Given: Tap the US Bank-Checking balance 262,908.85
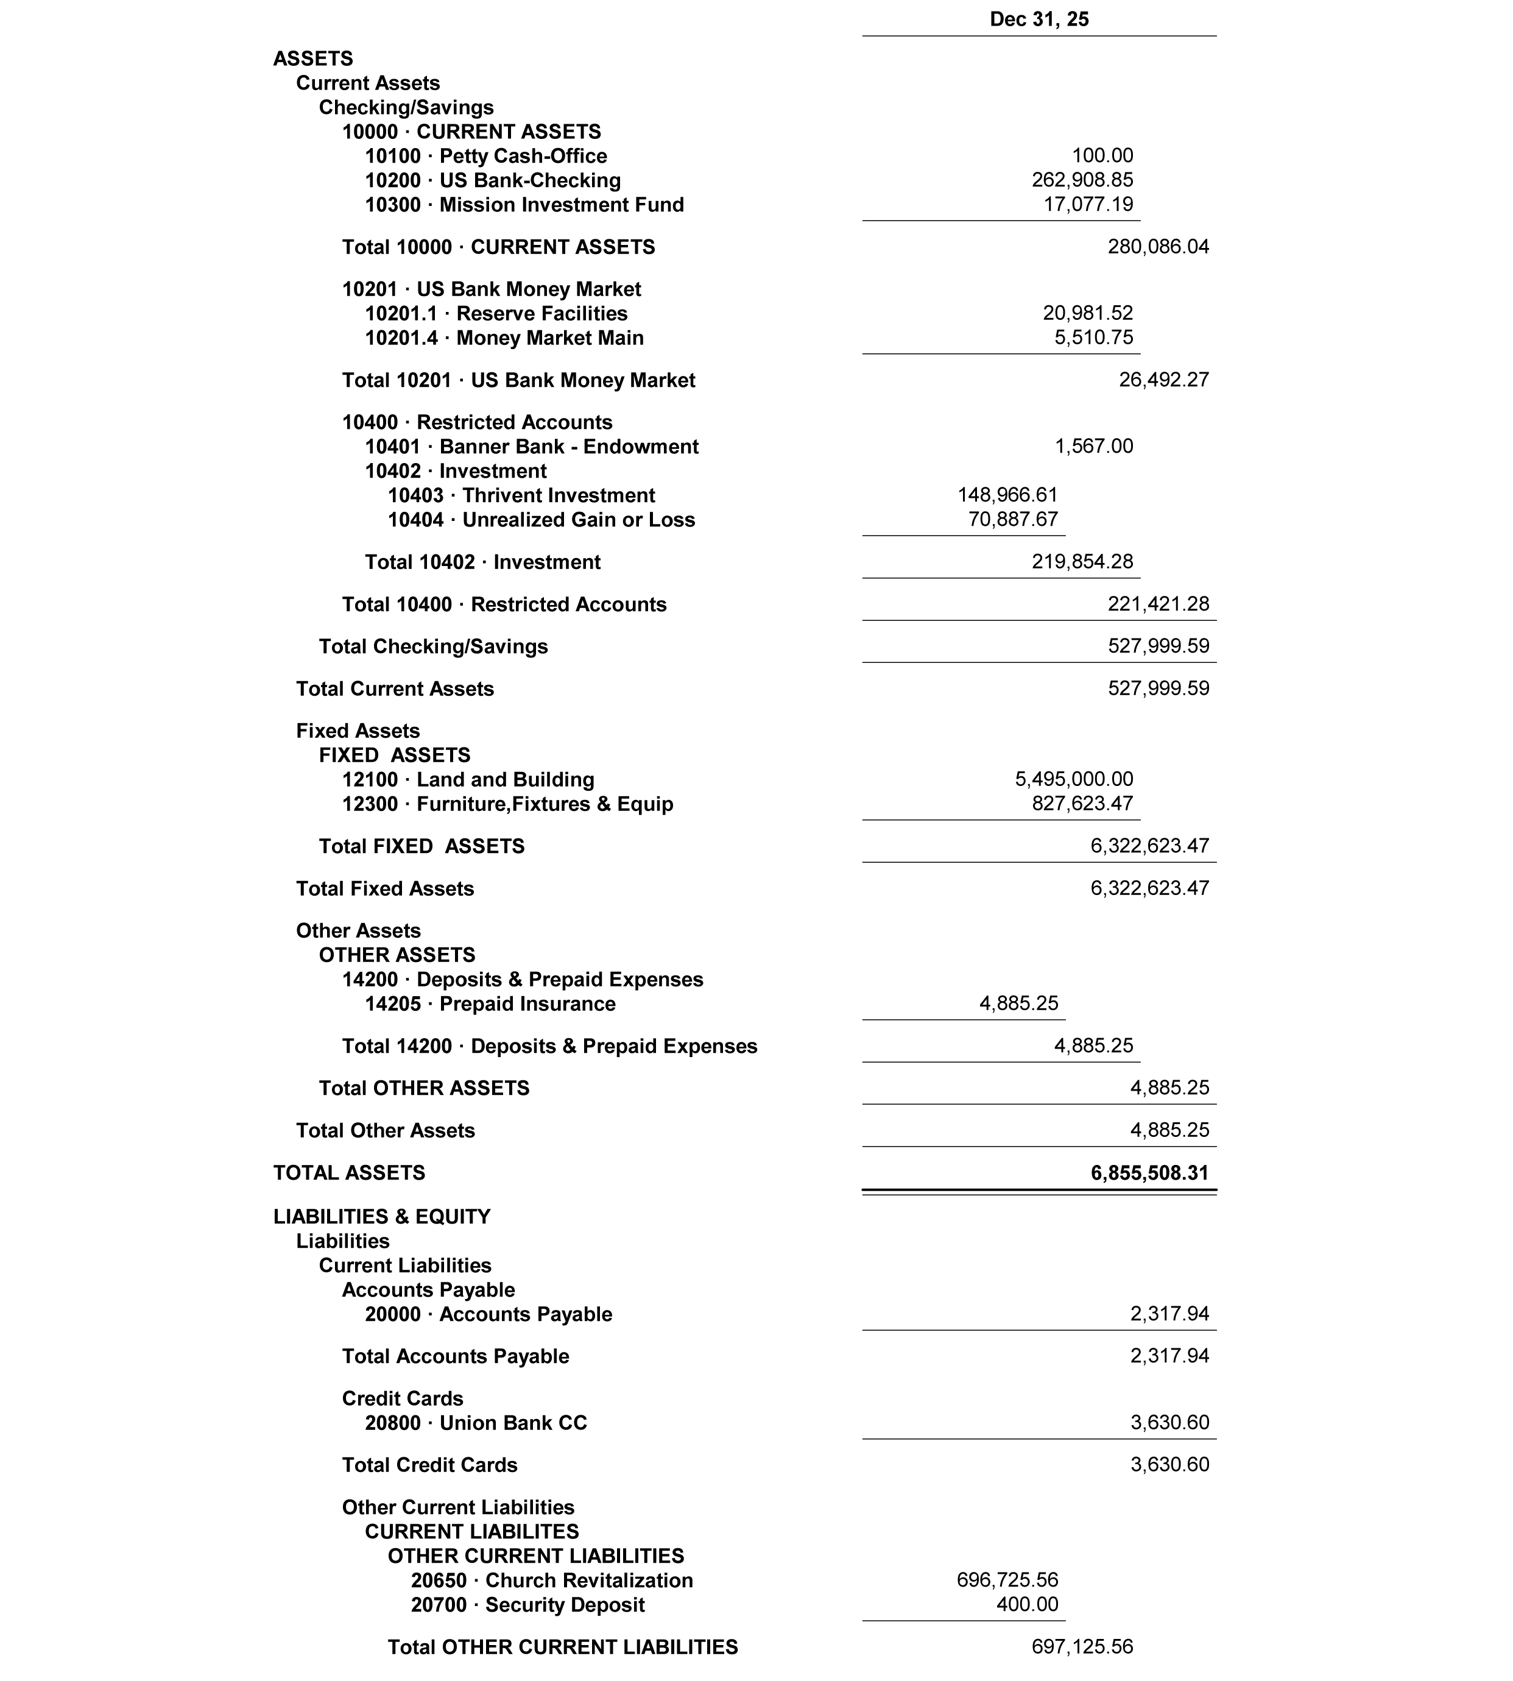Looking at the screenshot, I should pyautogui.click(x=1082, y=180).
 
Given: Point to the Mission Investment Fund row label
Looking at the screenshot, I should pyautogui.click(x=524, y=205).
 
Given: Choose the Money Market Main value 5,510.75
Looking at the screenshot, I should pyautogui.click(x=1093, y=338).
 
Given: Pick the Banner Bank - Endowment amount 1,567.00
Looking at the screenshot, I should pyautogui.click(x=1093, y=447).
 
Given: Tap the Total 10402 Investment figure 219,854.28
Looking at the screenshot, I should pyautogui.click(x=1082, y=562).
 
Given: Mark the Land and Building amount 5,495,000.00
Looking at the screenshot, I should pyautogui.click(x=1073, y=780).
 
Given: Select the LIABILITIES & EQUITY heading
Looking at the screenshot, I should pyautogui.click(x=381, y=1217).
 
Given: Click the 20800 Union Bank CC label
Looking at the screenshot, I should pyautogui.click(x=476, y=1423).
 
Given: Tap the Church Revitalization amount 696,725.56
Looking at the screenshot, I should pyautogui.click(x=1007, y=1580).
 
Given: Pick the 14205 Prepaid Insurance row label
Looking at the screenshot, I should pyautogui.click(x=490, y=1004).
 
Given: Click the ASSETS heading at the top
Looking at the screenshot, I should pyautogui.click(x=312, y=59).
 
